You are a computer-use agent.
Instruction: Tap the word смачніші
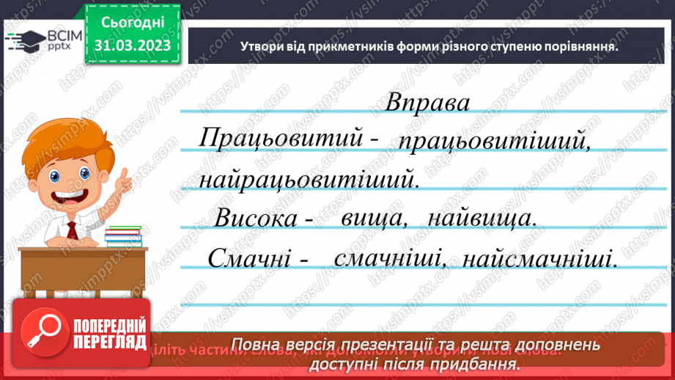(381, 258)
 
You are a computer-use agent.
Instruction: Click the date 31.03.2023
(133, 45)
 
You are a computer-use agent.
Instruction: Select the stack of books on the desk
(122, 236)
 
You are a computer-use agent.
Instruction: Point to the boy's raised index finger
(125, 174)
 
